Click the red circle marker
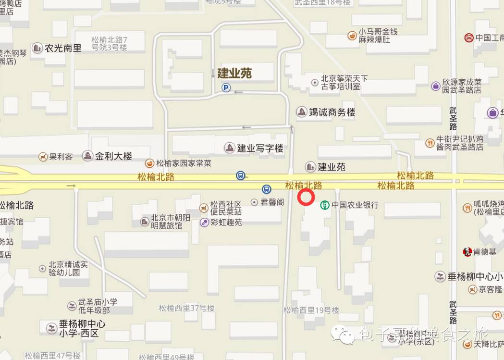[306, 198]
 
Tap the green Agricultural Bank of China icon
[325, 205]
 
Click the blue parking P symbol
[226, 87]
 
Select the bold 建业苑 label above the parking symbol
[234, 74]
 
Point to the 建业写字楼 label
[260, 148]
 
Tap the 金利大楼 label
[113, 156]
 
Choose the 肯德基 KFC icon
[467, 251]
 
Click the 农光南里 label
[63, 48]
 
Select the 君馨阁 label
[271, 202]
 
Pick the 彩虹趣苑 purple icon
[204, 223]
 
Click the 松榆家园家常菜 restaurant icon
[149, 163]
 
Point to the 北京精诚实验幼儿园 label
[68, 268]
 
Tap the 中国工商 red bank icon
[469, 37]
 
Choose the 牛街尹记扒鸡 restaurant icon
[430, 143]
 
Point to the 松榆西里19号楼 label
[311, 310]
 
